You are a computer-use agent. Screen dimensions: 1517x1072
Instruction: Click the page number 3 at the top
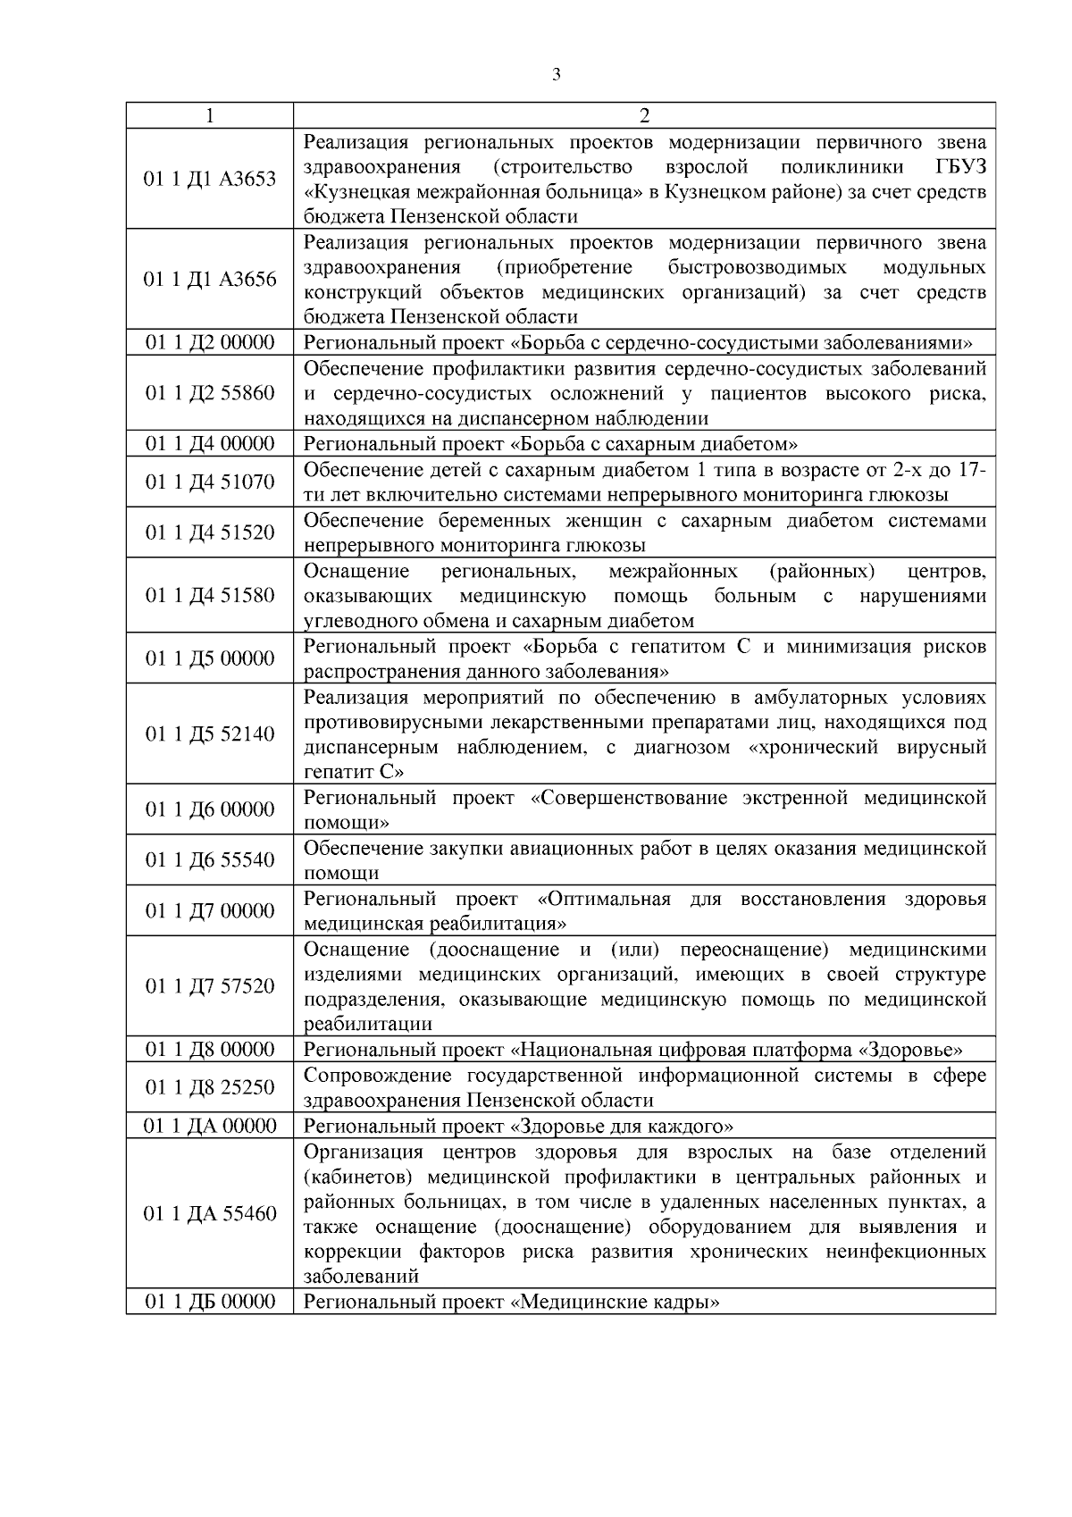point(557,75)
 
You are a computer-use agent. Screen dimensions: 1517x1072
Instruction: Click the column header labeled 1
point(209,116)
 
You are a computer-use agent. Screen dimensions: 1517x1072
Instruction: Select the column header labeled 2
point(644,116)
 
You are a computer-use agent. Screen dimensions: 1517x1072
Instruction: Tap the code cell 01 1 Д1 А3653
point(210,180)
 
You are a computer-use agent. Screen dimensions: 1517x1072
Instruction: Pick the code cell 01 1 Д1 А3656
point(210,280)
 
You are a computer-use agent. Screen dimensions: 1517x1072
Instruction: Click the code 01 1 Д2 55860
point(210,393)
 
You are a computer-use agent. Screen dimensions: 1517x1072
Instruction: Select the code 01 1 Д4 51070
point(210,482)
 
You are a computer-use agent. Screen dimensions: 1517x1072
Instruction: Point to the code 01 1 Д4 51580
point(210,595)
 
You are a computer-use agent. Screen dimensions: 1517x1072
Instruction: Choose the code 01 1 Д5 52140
point(210,734)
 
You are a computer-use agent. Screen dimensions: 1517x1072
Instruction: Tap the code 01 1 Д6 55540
point(210,860)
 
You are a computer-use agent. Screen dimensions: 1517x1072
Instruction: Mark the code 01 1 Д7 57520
point(210,986)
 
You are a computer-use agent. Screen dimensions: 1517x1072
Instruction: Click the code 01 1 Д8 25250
point(210,1087)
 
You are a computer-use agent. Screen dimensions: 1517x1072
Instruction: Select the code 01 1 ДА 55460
point(210,1214)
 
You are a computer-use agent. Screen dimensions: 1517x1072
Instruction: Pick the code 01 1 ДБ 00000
point(210,1302)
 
